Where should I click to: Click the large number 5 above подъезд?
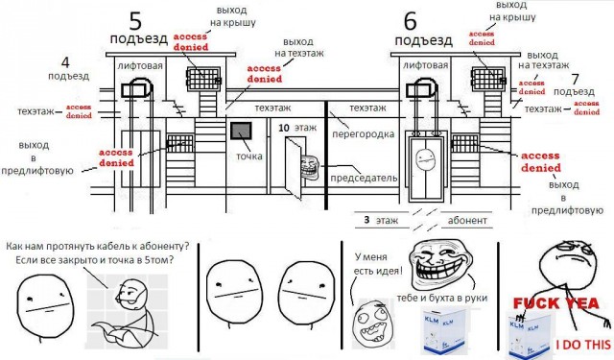135,21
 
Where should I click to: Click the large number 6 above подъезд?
411,21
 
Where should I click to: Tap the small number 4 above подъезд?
65,62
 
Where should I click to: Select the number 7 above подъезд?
575,79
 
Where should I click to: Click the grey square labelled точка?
241,131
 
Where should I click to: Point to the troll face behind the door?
309,167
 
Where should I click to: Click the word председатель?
364,179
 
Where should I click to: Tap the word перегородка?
363,134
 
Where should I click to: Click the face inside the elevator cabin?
426,159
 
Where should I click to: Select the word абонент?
467,220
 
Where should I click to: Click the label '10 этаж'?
297,128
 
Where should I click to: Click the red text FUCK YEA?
556,303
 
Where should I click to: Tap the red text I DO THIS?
583,345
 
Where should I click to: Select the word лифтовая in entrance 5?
140,66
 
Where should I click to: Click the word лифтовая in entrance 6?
425,65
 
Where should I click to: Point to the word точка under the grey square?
249,156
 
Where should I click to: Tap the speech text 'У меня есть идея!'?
377,264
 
